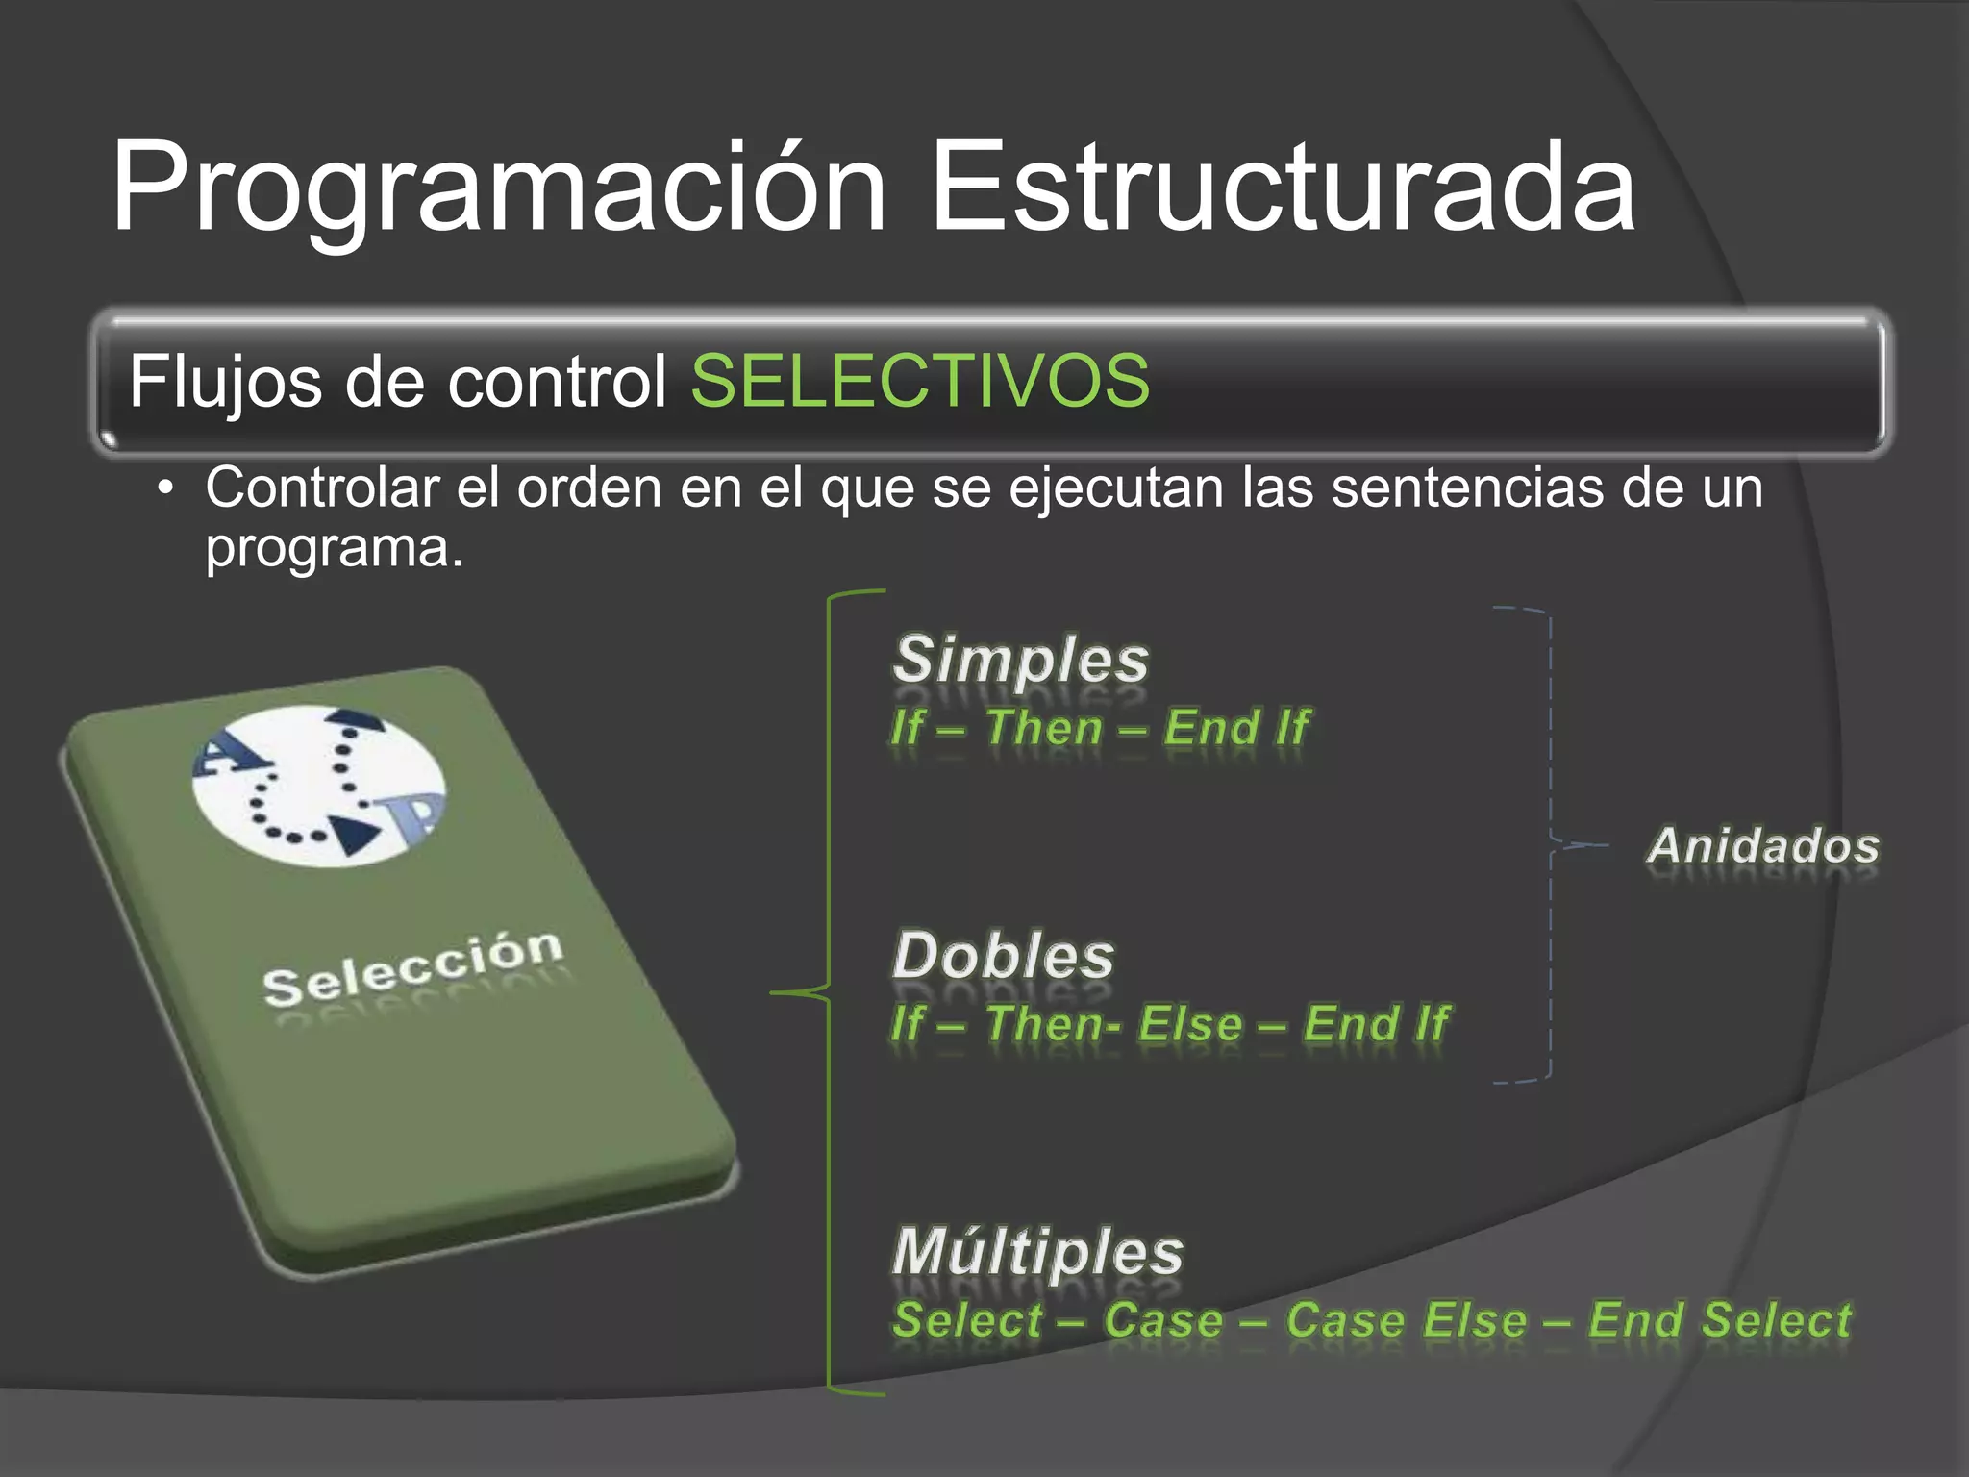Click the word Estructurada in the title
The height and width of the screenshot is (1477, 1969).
[x=1283, y=188]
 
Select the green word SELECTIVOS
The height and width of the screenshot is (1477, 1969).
[x=920, y=381]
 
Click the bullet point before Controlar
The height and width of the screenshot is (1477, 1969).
[x=166, y=489]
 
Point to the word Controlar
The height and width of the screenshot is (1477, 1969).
[x=321, y=488]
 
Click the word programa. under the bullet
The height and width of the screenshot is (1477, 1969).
[x=334, y=548]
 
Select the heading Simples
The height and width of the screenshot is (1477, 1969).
[x=1021, y=661]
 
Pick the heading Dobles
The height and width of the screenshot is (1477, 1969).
[x=1004, y=957]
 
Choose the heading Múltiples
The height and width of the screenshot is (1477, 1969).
[x=1037, y=1253]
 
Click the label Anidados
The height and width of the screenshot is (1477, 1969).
[x=1763, y=846]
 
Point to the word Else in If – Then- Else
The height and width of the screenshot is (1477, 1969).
[x=1189, y=1023]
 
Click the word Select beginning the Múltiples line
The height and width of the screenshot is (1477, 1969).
[x=966, y=1319]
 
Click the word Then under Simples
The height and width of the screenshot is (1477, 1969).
[x=1043, y=727]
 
